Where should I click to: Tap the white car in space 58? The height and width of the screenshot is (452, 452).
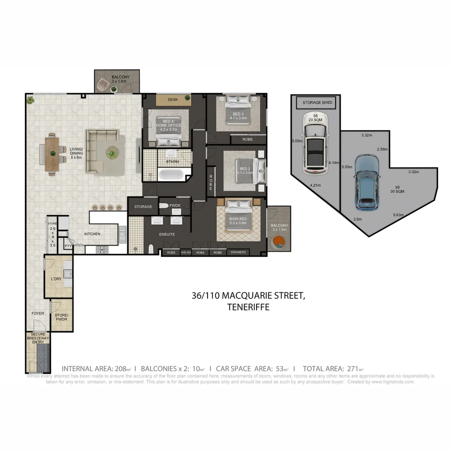pos(316,143)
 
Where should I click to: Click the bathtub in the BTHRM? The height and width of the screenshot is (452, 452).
pos(171,173)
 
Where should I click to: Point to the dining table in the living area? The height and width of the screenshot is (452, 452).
pos(52,153)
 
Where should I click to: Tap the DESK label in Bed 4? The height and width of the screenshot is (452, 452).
pos(172,100)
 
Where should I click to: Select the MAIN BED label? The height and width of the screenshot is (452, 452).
pos(237,219)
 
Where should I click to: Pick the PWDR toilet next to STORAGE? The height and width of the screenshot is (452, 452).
pos(164,206)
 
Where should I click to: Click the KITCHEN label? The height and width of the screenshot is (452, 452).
pos(92,234)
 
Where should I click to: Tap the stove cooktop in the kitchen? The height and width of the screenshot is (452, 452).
pos(102,249)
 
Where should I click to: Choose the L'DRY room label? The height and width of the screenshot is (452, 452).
pos(56,279)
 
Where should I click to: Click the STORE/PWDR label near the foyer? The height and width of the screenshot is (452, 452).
pos(61,317)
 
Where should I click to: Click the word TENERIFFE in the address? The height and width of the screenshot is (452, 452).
pos(248,307)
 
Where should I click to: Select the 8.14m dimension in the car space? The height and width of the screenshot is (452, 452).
pos(334,162)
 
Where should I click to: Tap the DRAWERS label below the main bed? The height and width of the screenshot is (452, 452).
pos(238,252)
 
